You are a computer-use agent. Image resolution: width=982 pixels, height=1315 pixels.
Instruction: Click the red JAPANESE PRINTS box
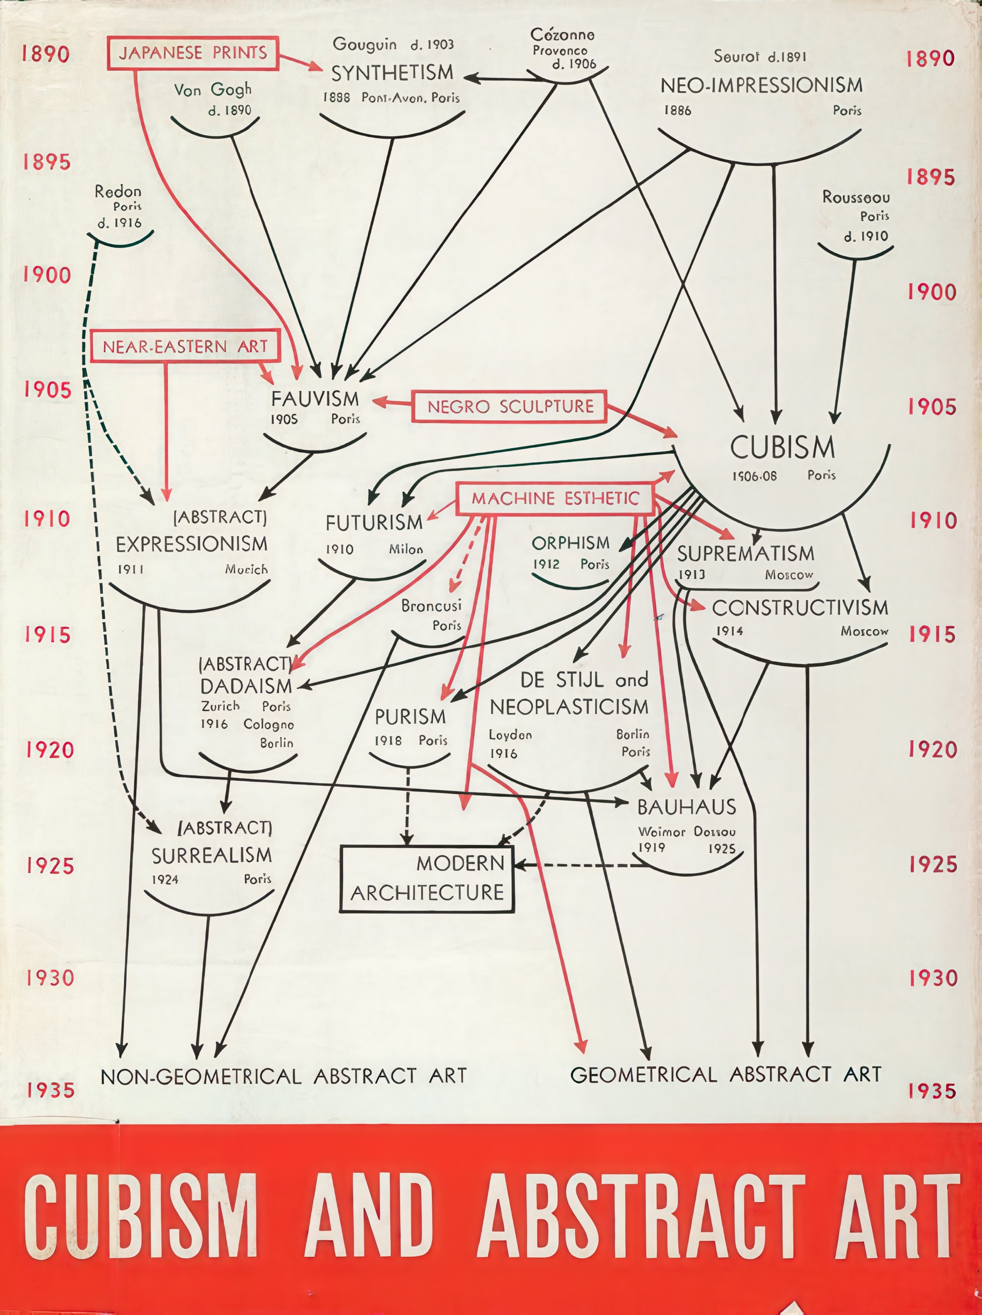click(193, 53)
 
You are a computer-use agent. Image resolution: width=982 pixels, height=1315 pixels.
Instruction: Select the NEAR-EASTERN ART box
click(185, 346)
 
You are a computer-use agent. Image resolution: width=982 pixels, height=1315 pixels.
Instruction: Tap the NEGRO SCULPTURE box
click(510, 407)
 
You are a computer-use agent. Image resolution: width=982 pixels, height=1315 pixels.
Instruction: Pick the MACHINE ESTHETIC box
click(555, 498)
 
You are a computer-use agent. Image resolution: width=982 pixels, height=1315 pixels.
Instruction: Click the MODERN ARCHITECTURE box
click(427, 878)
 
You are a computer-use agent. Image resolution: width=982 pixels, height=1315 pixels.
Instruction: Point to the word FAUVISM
click(315, 399)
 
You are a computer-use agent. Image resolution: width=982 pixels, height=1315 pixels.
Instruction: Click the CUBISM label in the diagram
click(782, 447)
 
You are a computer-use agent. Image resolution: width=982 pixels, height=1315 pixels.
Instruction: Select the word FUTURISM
click(374, 523)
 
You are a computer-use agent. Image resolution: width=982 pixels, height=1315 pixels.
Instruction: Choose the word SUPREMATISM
click(746, 553)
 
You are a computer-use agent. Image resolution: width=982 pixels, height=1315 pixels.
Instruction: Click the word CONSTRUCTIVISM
click(800, 607)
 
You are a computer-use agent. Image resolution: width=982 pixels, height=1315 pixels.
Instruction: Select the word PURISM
click(410, 717)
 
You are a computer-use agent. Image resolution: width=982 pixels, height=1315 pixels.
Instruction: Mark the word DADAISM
click(246, 686)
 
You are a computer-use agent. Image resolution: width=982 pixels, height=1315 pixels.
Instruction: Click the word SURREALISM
click(212, 856)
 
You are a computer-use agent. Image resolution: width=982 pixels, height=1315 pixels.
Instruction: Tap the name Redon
click(118, 191)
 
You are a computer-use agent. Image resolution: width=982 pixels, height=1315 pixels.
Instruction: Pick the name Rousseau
click(856, 197)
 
